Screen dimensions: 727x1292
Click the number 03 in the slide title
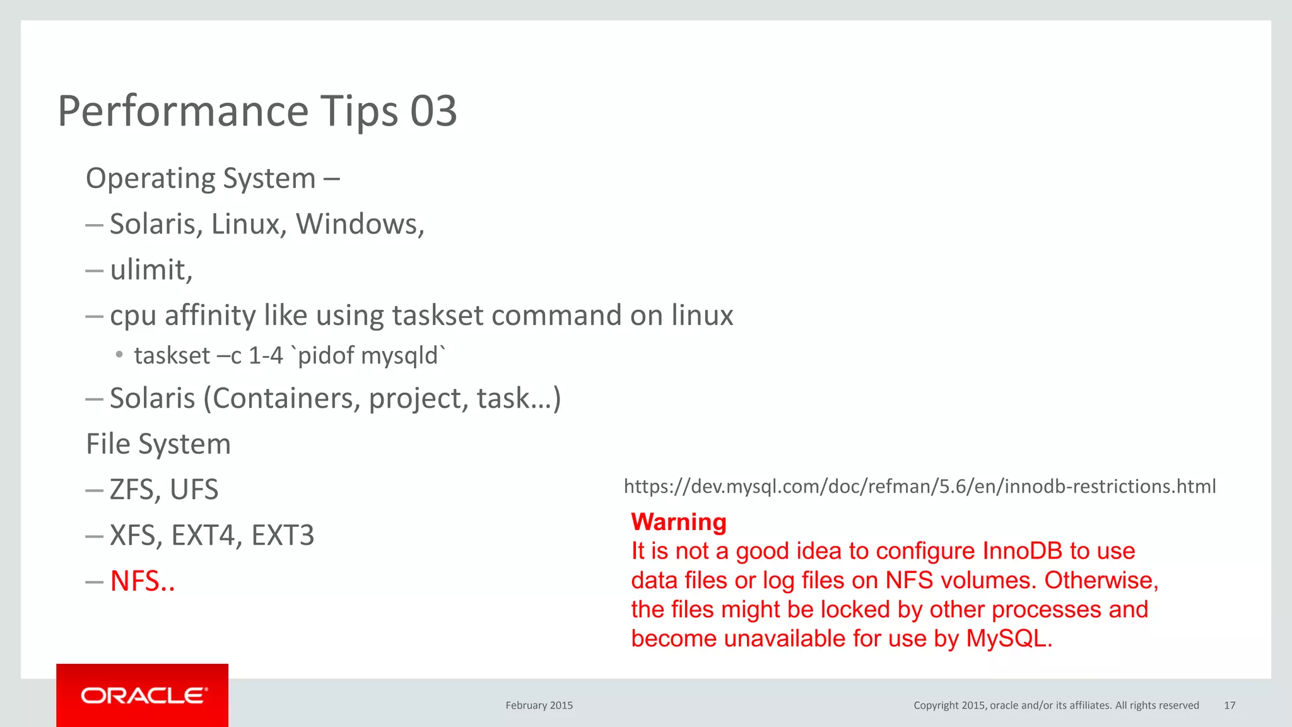click(x=433, y=112)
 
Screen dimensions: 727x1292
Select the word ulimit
click(x=149, y=269)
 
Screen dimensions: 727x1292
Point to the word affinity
click(x=209, y=315)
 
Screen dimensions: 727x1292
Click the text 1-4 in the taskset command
click(x=265, y=356)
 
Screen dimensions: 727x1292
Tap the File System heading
click(x=158, y=444)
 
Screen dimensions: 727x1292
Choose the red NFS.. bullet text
click(x=143, y=581)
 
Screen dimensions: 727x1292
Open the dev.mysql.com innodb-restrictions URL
click(x=919, y=487)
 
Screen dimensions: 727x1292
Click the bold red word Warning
click(x=679, y=522)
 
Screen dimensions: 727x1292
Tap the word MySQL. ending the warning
click(x=1009, y=639)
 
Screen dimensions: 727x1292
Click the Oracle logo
click(x=143, y=695)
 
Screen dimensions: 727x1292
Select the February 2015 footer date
click(x=539, y=706)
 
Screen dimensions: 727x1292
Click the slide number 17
click(x=1229, y=706)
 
